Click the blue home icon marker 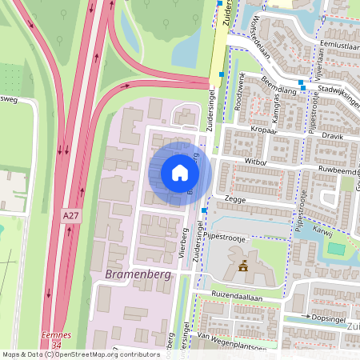pos(180,173)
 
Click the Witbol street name pos(257,162)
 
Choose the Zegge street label pos(234,197)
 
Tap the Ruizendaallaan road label pos(237,296)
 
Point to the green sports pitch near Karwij pos(337,249)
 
